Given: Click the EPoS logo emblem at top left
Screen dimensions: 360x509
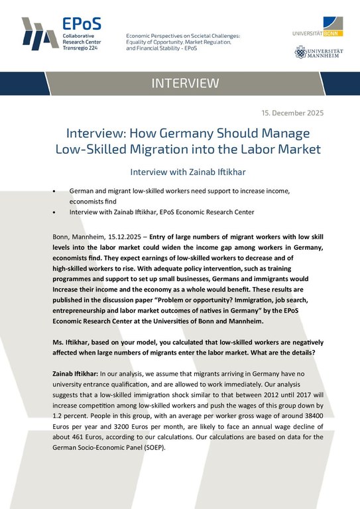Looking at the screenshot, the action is click(x=35, y=33).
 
